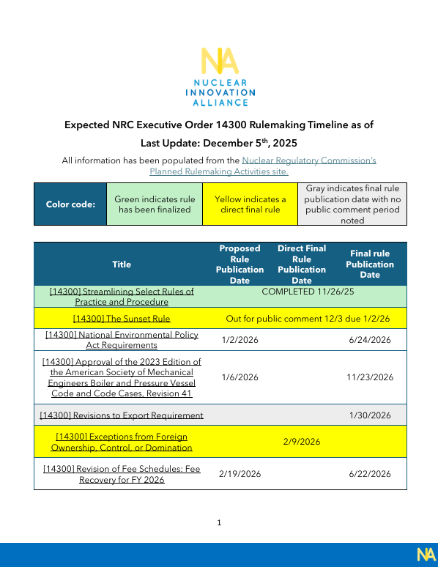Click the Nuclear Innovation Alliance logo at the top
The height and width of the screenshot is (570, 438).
point(218,77)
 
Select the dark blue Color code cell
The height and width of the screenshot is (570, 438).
point(70,204)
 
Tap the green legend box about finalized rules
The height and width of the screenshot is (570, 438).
point(155,204)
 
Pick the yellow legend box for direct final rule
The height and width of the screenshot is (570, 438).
point(250,204)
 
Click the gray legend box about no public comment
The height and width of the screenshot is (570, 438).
point(352,204)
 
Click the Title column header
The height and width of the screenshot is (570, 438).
point(122,264)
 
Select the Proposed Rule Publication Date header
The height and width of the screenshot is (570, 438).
point(240,264)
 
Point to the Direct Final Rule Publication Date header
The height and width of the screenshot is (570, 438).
point(301,264)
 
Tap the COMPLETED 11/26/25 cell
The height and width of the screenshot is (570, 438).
point(307,292)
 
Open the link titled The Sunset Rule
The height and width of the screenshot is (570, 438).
point(122,319)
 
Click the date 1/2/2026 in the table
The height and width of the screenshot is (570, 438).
point(240,340)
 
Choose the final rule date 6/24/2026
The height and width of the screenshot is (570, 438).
point(370,340)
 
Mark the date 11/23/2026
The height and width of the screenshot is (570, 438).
point(370,377)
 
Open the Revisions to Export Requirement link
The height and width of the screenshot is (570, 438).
point(122,415)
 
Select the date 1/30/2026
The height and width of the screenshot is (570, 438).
point(370,415)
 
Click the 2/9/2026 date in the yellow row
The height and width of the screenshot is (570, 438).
point(301,442)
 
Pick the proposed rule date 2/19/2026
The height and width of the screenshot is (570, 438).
point(240,474)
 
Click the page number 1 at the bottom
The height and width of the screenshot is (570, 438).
point(219,523)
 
